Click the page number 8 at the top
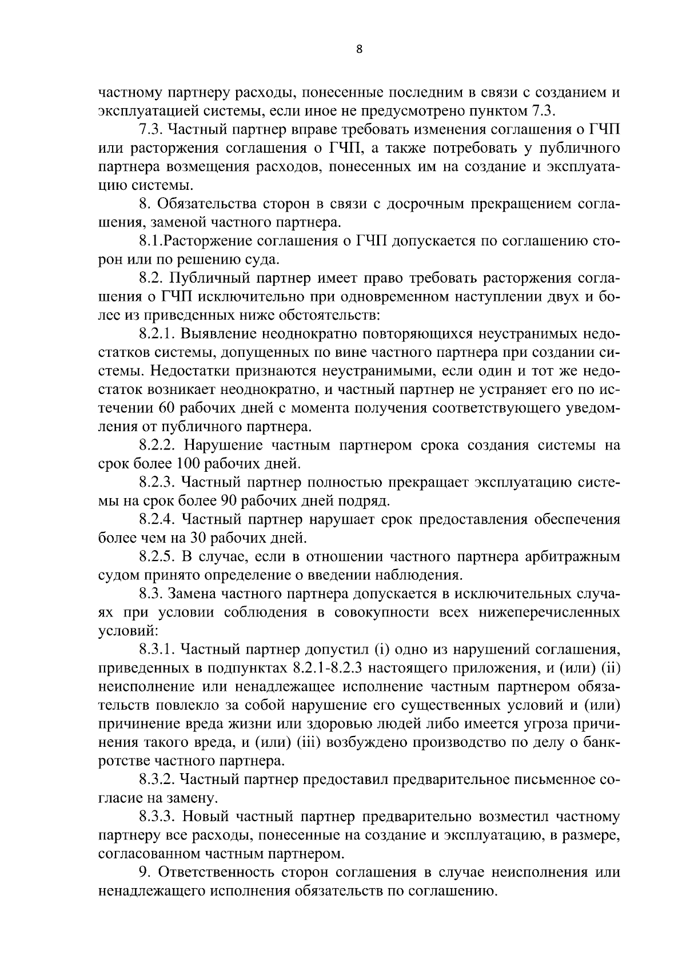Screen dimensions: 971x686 click(358, 49)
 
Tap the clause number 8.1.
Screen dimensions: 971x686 click(147, 241)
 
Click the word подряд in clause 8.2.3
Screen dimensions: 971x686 click(369, 501)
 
